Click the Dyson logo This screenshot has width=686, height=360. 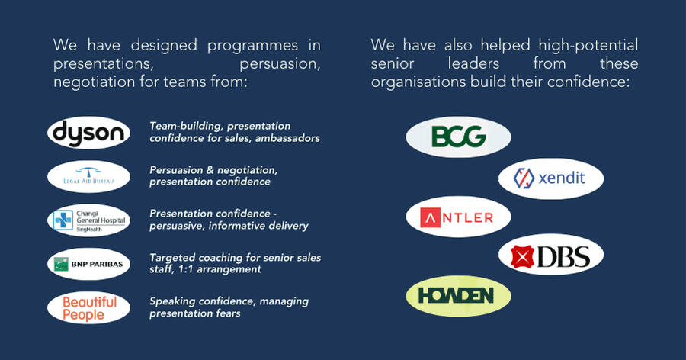coord(88,133)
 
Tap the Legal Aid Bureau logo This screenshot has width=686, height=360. coord(88,177)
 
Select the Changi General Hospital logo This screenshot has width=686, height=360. coord(88,220)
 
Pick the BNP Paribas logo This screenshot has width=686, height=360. coord(88,264)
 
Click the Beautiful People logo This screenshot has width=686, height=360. coord(88,307)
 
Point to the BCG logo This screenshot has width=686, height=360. coord(458,137)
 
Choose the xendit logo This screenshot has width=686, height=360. coord(551,179)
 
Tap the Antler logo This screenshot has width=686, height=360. coord(458,217)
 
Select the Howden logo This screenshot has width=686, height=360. coord(458,296)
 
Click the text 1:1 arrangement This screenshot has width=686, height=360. coord(226,269)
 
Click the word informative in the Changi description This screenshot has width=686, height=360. coord(240,225)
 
